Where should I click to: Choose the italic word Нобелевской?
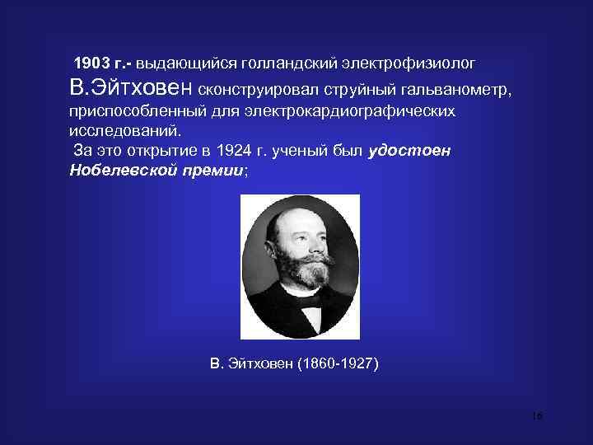[x=120, y=171]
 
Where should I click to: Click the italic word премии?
[x=216, y=171]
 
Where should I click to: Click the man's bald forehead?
[x=296, y=219]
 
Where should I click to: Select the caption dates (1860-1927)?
[x=339, y=363]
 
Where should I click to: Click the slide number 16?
[x=536, y=417]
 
